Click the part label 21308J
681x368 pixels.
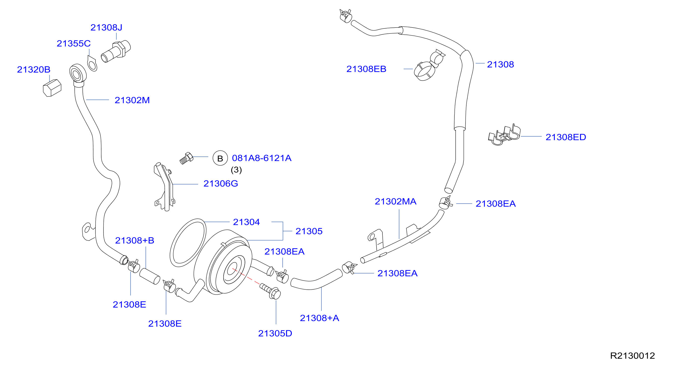[x=106, y=28]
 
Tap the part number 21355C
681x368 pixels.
[x=73, y=43]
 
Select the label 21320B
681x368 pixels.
[x=34, y=69]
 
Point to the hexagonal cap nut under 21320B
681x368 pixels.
[x=52, y=88]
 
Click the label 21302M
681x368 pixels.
[x=132, y=100]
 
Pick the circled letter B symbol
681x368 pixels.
[x=220, y=158]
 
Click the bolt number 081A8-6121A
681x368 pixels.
[x=262, y=158]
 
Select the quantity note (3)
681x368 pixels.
[x=236, y=170]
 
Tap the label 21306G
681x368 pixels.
[x=221, y=183]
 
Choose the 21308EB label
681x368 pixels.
[x=366, y=69]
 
